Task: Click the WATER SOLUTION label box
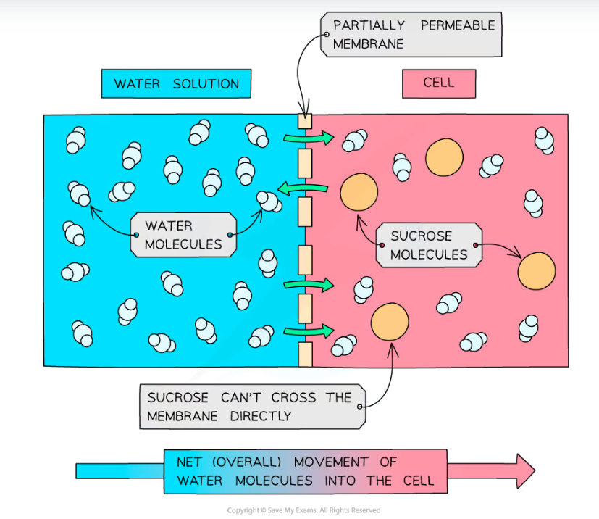(176, 84)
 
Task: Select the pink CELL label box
(439, 83)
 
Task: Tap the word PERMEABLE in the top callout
(457, 25)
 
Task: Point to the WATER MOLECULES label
(183, 235)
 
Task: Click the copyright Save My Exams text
(303, 510)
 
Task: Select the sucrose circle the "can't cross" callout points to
(390, 322)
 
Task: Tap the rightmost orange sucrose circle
(537, 271)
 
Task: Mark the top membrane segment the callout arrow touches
(305, 120)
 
